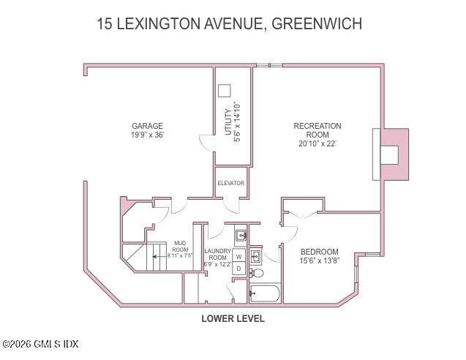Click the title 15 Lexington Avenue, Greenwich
point(229,23)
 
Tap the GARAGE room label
point(147,126)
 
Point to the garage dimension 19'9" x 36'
point(147,135)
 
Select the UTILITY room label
point(228,121)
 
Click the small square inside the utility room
point(225,89)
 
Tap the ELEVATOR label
point(230,183)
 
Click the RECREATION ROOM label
point(317,130)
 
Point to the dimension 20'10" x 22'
point(317,144)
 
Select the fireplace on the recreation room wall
point(389,154)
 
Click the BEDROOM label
point(320,250)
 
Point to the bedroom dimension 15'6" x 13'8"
point(320,260)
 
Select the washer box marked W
point(238,257)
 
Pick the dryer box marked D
point(238,269)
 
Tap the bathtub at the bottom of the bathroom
point(265,295)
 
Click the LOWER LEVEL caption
point(233,319)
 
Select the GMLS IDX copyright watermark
point(40,344)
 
